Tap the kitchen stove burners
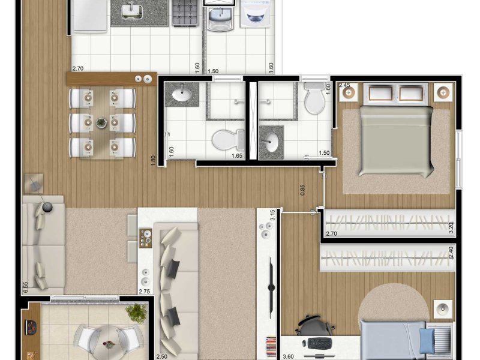point(187,13)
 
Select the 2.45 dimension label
point(344,86)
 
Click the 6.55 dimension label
point(26,287)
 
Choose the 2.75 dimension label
point(144,292)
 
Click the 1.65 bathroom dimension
point(237,156)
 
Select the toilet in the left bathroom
point(228,139)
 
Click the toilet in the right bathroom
point(313,100)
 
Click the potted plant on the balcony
point(137,312)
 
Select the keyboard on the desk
point(319,344)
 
